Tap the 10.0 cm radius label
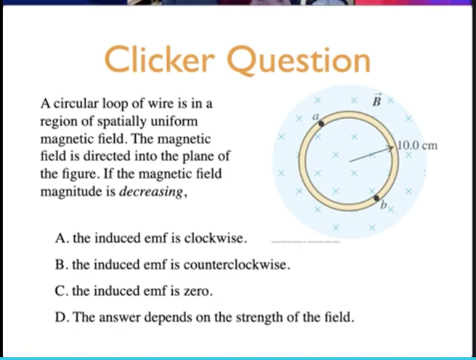[418, 145]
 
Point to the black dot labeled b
[376, 197]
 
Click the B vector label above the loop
[376, 101]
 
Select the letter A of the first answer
[59, 238]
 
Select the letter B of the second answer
[59, 264]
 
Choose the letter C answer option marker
[59, 291]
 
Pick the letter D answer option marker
[59, 318]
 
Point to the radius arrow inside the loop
[370, 154]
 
